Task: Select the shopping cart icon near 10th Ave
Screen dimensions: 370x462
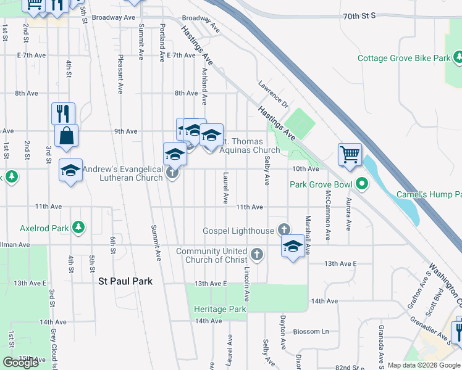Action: (x=350, y=155)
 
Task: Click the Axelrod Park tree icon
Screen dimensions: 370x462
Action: (x=78, y=228)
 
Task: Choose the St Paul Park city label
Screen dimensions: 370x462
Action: (x=125, y=281)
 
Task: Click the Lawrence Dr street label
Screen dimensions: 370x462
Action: (x=274, y=93)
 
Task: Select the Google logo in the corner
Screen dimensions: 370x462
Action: (x=21, y=362)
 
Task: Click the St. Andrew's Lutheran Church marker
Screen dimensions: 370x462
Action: (x=173, y=173)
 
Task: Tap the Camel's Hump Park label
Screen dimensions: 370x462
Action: (x=429, y=195)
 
